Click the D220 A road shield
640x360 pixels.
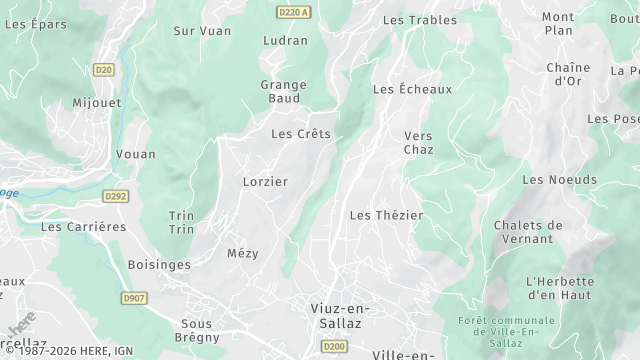click(x=293, y=10)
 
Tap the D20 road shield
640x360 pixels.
click(x=103, y=69)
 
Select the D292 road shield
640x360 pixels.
click(x=116, y=197)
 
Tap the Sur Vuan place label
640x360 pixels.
click(x=202, y=31)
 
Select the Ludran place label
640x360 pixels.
click(x=285, y=41)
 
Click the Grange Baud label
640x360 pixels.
click(x=283, y=91)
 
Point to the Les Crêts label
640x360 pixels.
click(x=301, y=133)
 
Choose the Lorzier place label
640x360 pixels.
click(x=265, y=182)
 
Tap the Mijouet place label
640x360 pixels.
click(x=96, y=103)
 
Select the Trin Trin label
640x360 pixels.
click(x=181, y=222)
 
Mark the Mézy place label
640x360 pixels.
click(x=243, y=253)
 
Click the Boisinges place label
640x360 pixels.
click(x=159, y=264)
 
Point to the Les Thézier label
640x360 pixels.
click(x=387, y=215)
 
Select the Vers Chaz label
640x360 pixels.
click(x=418, y=142)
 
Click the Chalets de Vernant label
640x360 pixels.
click(x=528, y=232)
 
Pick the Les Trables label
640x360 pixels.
click(x=420, y=20)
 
